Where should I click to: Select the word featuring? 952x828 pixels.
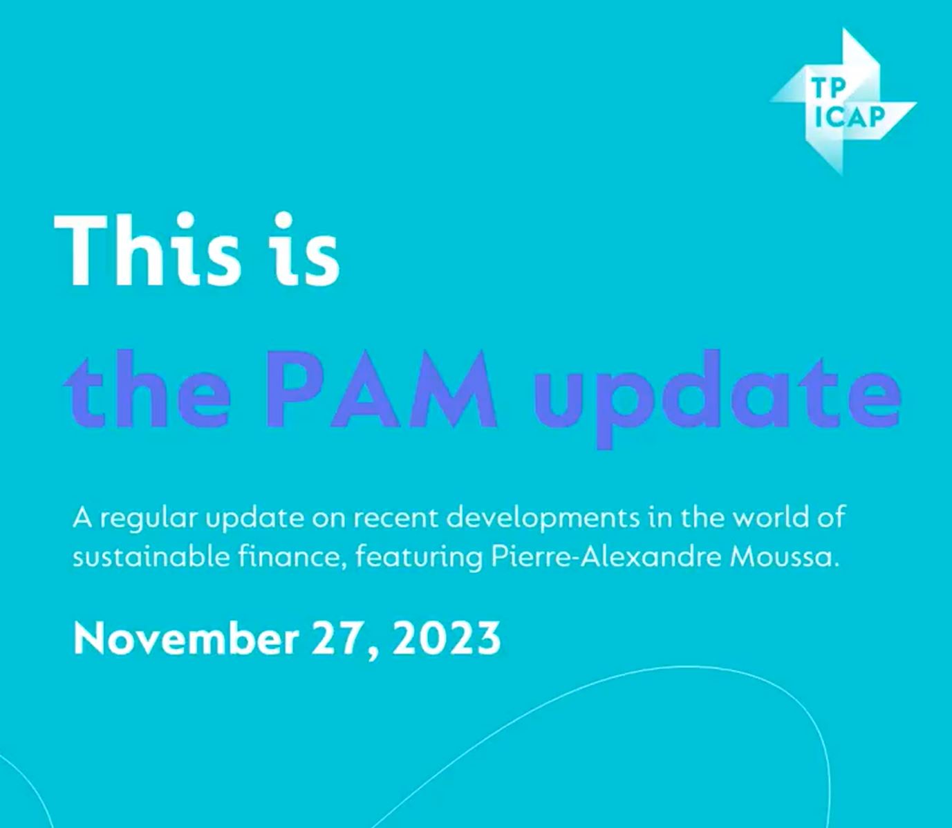(x=419, y=557)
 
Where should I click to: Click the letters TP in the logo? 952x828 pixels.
(x=828, y=88)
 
